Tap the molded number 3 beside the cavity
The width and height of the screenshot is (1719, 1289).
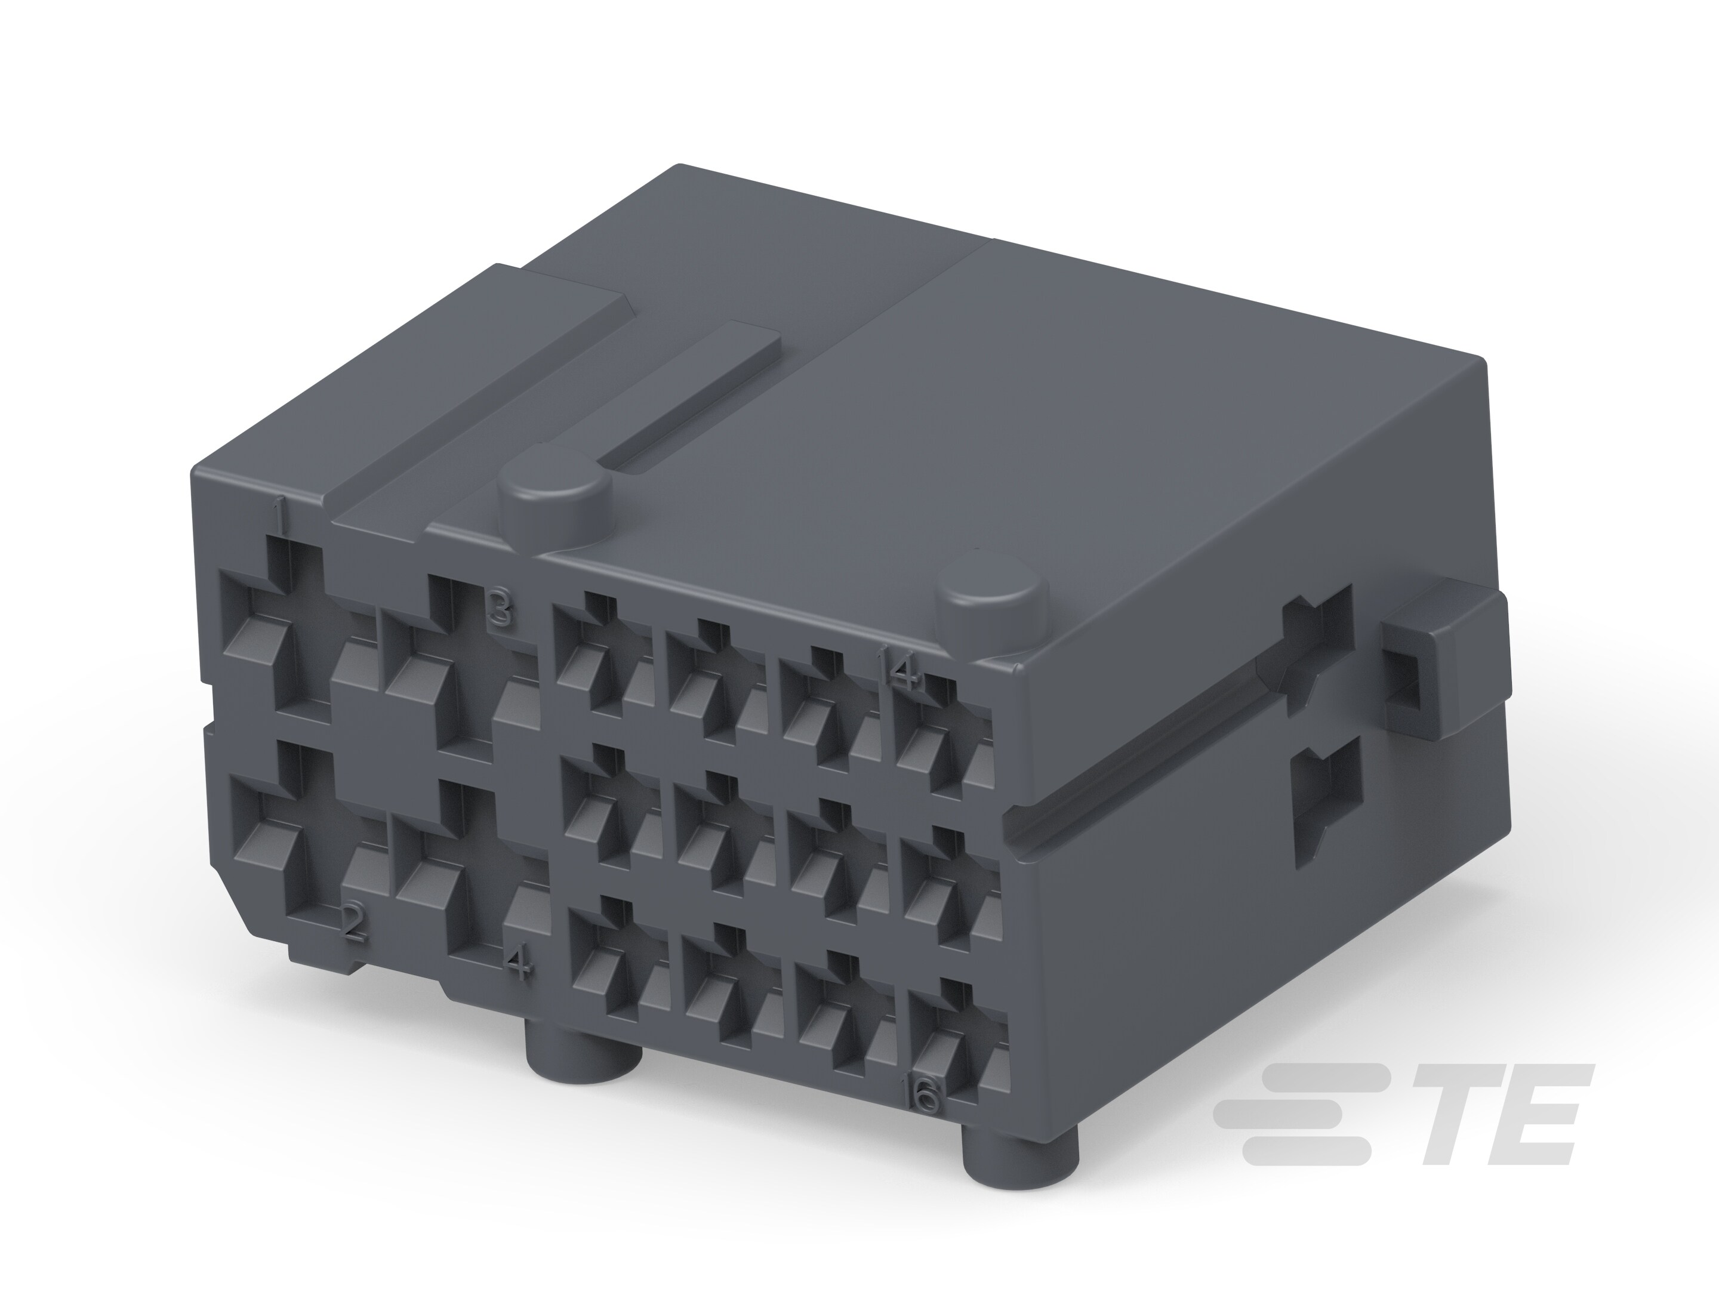pos(500,608)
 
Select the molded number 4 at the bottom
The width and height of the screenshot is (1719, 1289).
pos(518,966)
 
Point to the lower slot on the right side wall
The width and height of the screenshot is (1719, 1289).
pos(1325,800)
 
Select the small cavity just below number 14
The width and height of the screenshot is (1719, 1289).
pos(944,738)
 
